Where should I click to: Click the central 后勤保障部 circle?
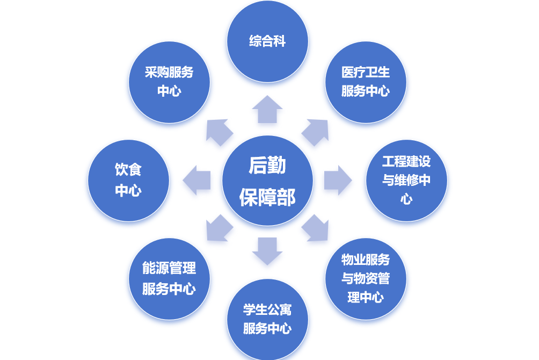pos(267,181)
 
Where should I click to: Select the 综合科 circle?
pos(267,41)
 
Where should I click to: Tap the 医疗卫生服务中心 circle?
pos(366,82)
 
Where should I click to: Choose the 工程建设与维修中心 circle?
pos(406,181)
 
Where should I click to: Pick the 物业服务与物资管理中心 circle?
pos(366,279)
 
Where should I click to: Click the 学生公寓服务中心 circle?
pos(267,319)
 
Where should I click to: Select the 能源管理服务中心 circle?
pos(169,279)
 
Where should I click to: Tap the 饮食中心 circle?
pos(128,181)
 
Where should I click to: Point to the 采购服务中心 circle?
pos(169,82)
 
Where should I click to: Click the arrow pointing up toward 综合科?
pos(267,110)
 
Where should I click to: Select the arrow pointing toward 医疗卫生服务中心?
pos(316,132)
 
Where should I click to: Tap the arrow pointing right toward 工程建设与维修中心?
pos(337,181)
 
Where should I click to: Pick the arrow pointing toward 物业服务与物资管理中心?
pos(316,229)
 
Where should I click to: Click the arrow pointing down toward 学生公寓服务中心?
pos(267,250)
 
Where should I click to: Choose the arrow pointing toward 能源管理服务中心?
pos(218,229)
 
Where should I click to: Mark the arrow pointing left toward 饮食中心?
pos(197,181)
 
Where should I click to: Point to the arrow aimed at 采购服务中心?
pos(218,132)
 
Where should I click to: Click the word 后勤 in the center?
pos(267,165)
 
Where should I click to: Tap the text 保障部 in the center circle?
pos(267,197)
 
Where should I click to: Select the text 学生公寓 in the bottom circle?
pos(267,309)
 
